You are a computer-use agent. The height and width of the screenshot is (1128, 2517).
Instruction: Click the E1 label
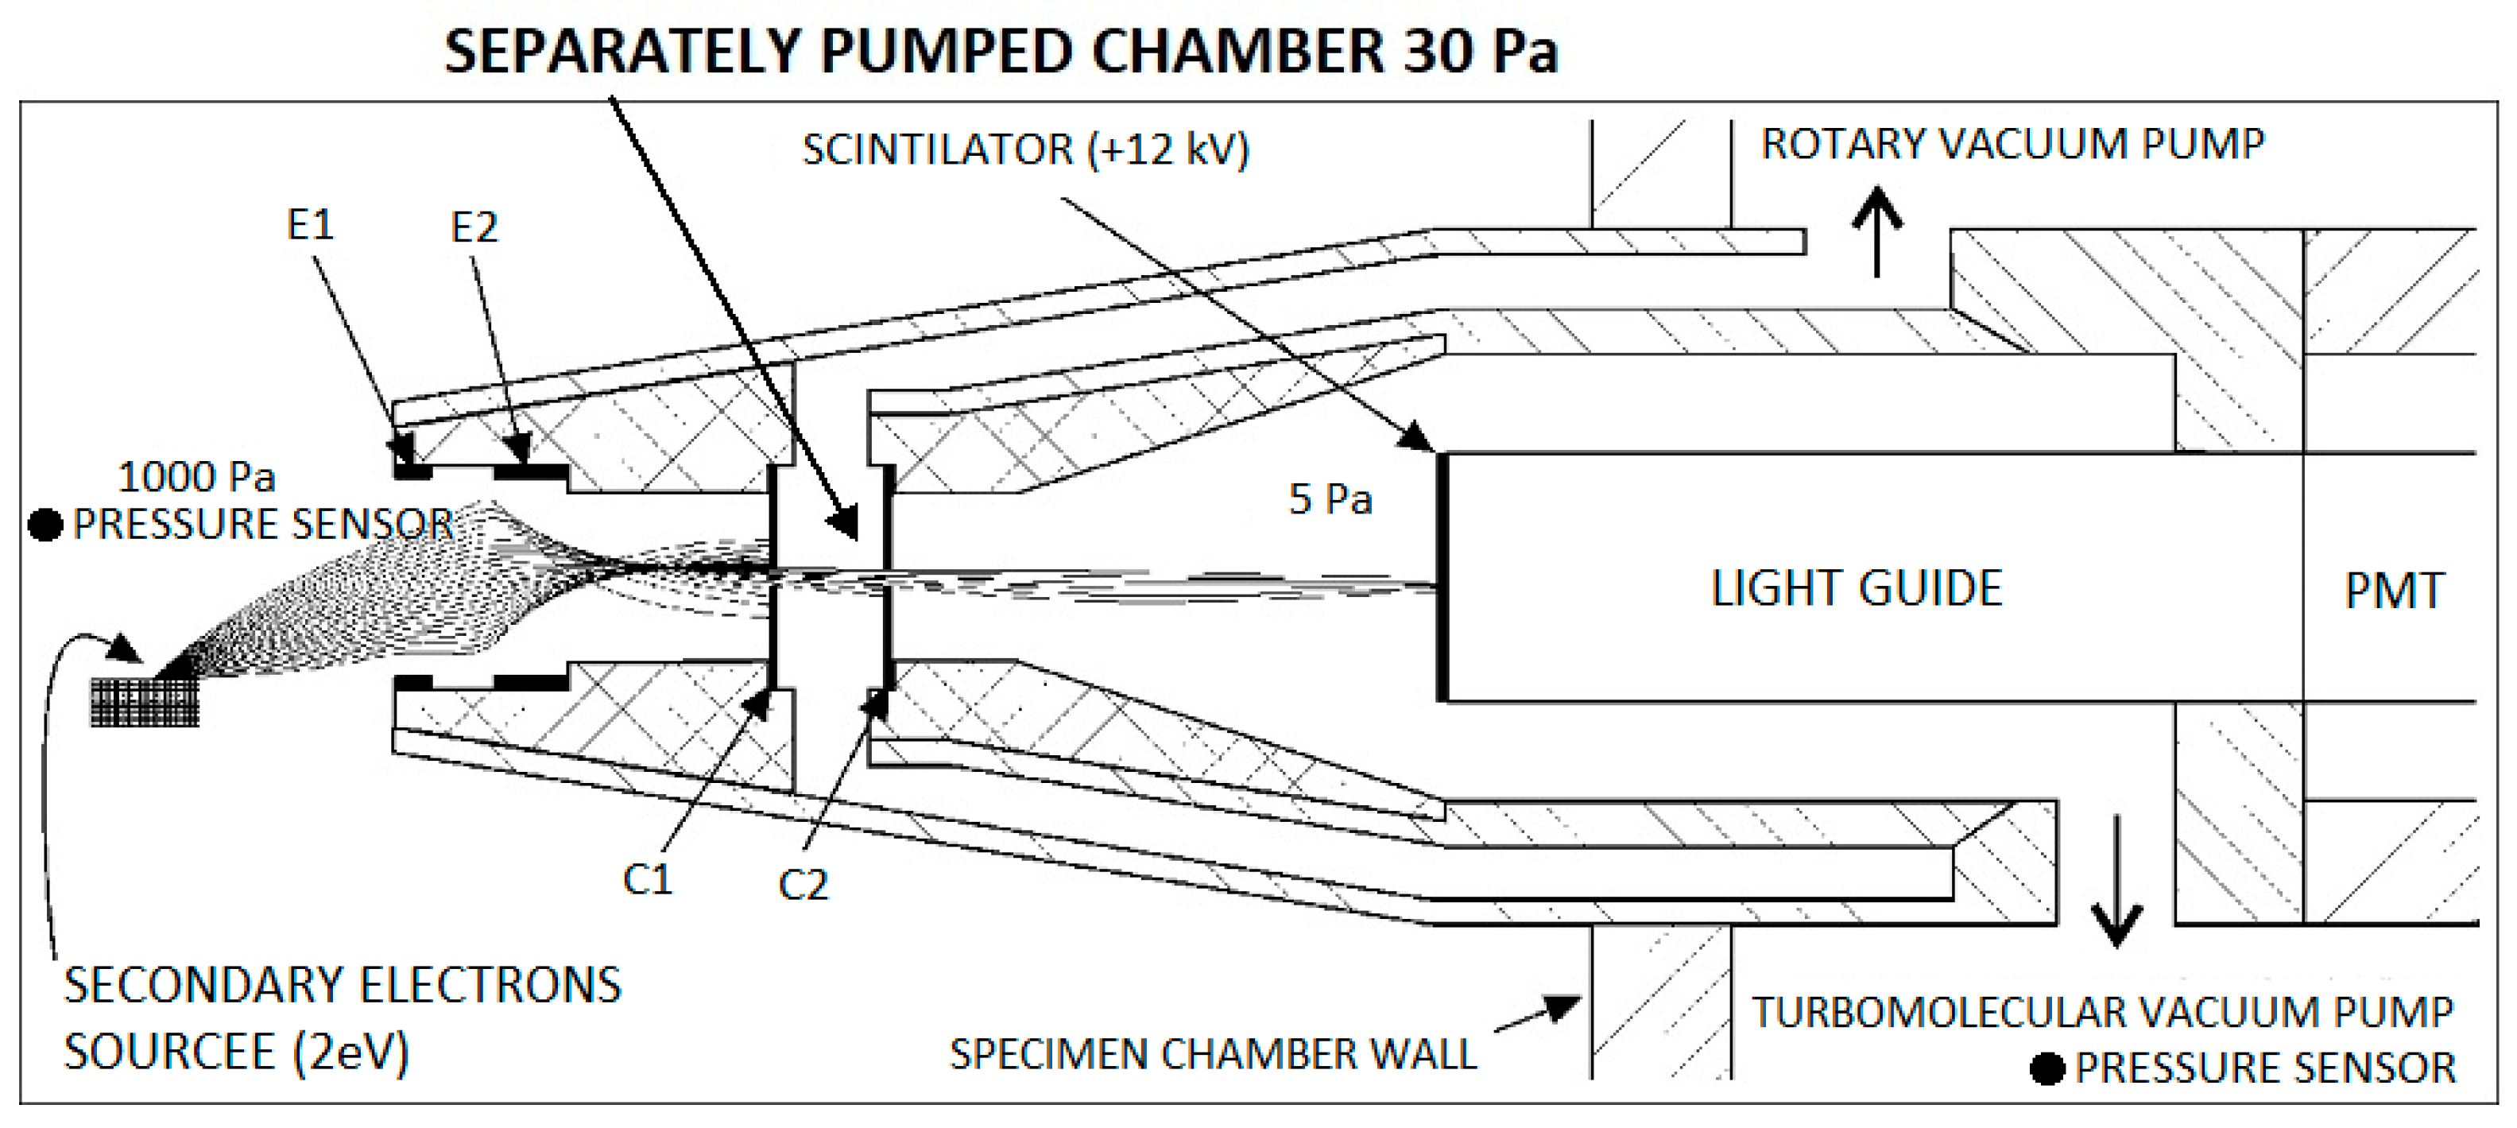[x=310, y=226]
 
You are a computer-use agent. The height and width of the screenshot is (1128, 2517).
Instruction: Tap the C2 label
[x=804, y=886]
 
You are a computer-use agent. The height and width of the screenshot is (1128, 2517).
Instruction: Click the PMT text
[x=2394, y=591]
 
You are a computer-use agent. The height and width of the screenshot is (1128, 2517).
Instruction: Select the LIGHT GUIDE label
[x=1857, y=588]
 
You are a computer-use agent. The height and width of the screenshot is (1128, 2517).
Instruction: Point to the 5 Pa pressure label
[x=1330, y=499]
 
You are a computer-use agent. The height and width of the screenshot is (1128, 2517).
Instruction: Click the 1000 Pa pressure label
[x=196, y=477]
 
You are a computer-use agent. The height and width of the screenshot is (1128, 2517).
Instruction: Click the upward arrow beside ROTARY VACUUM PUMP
[x=1877, y=231]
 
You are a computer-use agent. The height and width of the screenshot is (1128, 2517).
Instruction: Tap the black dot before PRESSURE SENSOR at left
[x=45, y=525]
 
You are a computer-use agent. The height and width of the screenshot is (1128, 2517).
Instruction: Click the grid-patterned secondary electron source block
[x=145, y=702]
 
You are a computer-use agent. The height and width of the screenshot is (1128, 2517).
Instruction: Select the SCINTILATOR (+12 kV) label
[x=1026, y=149]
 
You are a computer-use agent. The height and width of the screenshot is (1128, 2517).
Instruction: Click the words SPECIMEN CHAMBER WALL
[x=1213, y=1055]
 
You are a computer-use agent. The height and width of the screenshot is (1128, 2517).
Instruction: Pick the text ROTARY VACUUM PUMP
[x=2013, y=144]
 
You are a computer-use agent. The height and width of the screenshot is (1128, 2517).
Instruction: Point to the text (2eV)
[x=350, y=1052]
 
